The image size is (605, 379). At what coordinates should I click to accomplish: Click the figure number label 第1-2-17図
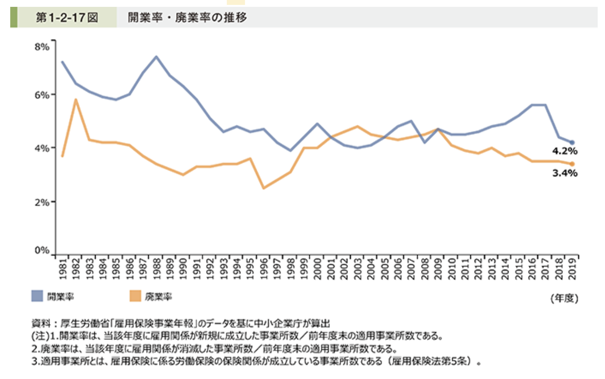67,18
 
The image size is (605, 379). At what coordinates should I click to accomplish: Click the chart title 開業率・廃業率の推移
187,18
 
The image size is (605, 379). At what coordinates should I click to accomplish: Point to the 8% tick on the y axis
42,47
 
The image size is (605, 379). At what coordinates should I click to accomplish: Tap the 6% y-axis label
42,95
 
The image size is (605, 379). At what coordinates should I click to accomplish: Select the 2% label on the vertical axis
42,201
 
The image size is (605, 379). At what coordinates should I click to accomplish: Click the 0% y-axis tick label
42,251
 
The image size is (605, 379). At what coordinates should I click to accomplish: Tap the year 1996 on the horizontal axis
263,268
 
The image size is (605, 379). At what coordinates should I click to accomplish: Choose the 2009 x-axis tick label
438,268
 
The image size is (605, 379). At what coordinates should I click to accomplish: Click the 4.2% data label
565,151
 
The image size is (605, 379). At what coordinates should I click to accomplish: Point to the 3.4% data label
565,172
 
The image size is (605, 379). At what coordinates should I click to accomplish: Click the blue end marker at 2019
572,143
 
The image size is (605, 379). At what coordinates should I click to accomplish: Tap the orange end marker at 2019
572,164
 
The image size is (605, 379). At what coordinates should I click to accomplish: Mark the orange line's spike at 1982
76,100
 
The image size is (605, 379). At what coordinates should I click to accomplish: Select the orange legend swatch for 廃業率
135,296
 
